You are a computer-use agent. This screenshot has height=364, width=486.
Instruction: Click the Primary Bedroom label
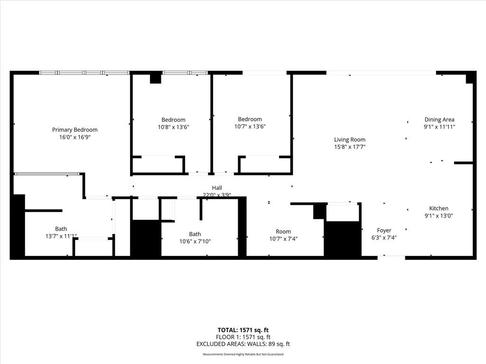(x=75, y=130)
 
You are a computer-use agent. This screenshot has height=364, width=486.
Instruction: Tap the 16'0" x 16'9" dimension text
(x=75, y=137)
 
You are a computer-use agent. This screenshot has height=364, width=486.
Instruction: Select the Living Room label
(x=350, y=140)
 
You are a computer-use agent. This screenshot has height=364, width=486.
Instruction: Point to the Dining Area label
(x=439, y=120)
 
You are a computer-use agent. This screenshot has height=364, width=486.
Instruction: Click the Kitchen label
(x=439, y=209)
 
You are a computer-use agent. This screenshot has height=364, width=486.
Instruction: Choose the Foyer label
(x=384, y=231)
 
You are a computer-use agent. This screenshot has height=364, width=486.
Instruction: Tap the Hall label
(x=217, y=188)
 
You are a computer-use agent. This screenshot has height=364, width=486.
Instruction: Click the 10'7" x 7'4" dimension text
(x=283, y=239)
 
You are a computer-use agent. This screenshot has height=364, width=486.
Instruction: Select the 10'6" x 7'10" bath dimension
(x=195, y=241)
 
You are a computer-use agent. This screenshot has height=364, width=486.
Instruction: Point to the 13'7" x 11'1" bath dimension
(x=61, y=236)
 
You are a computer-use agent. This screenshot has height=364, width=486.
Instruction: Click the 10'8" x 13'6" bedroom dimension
(x=173, y=127)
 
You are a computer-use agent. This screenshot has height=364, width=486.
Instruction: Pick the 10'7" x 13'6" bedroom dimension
(x=250, y=127)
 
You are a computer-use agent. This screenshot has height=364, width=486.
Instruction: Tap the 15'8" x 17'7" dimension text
(x=350, y=147)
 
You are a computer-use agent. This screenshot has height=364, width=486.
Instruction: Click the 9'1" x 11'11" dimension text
(x=439, y=127)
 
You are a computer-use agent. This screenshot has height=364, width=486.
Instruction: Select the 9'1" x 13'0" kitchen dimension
(x=439, y=216)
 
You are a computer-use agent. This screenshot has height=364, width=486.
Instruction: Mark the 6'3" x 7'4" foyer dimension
(x=384, y=238)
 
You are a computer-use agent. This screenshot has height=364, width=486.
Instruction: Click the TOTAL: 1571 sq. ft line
(x=243, y=330)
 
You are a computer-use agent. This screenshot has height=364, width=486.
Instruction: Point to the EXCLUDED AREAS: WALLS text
(x=243, y=344)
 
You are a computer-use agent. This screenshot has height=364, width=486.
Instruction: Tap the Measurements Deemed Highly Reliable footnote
(x=243, y=355)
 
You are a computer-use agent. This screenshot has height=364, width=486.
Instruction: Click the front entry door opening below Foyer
(x=392, y=257)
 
